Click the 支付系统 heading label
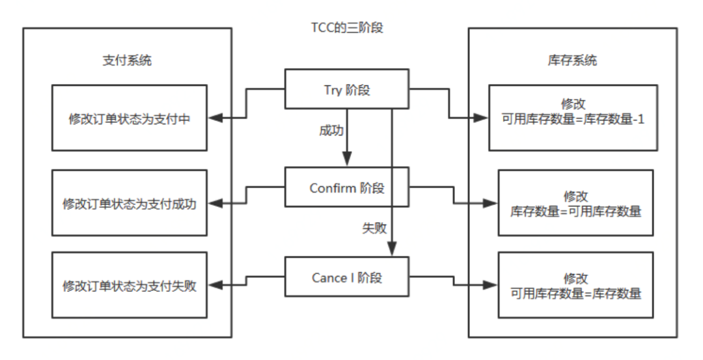(x=128, y=61)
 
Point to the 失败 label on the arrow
(x=374, y=228)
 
